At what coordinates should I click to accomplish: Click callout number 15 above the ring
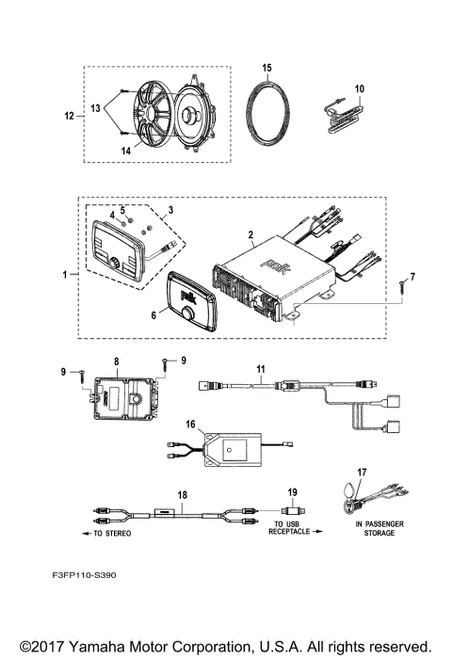pos(266,69)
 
